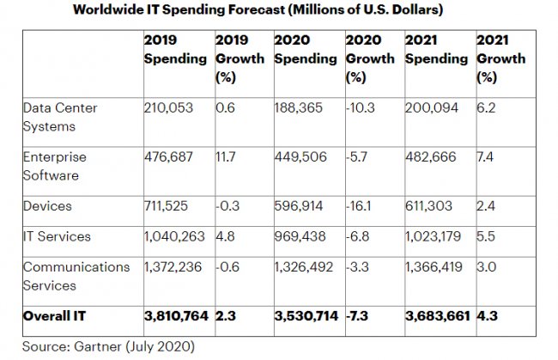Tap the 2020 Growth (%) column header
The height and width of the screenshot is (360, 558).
click(370, 58)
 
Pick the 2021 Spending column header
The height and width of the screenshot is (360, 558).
click(436, 50)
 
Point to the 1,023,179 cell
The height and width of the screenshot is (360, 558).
click(436, 235)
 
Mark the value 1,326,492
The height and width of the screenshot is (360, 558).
click(306, 267)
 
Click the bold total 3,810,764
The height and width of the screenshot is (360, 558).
click(175, 316)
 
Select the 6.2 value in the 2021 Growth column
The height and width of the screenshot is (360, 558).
click(486, 108)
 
